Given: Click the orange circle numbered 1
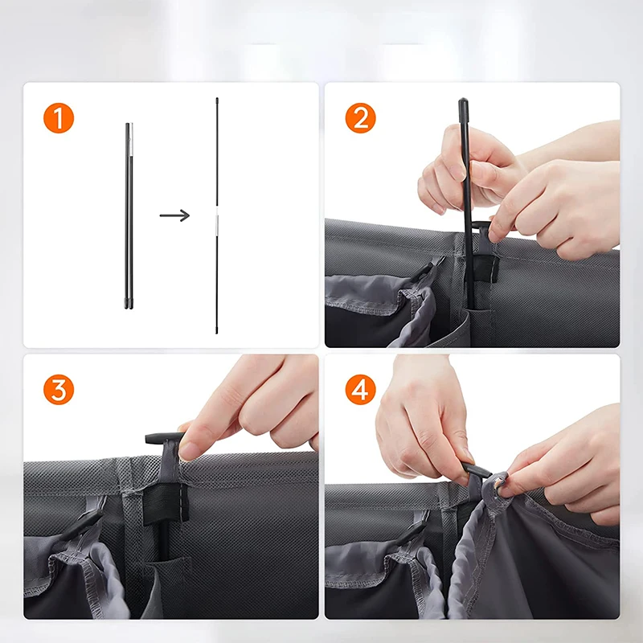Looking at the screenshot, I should pos(59,119).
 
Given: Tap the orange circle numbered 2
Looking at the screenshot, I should pos(361,119).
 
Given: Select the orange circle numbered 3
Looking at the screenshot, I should pos(59,391).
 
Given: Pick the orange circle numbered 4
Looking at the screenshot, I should pos(361,391).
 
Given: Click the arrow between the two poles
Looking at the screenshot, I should pos(174,215).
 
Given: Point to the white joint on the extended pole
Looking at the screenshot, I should pos(216,223).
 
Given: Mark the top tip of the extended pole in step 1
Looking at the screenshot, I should pos(216,100).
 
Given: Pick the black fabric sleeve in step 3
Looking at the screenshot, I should pos(164,502).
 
